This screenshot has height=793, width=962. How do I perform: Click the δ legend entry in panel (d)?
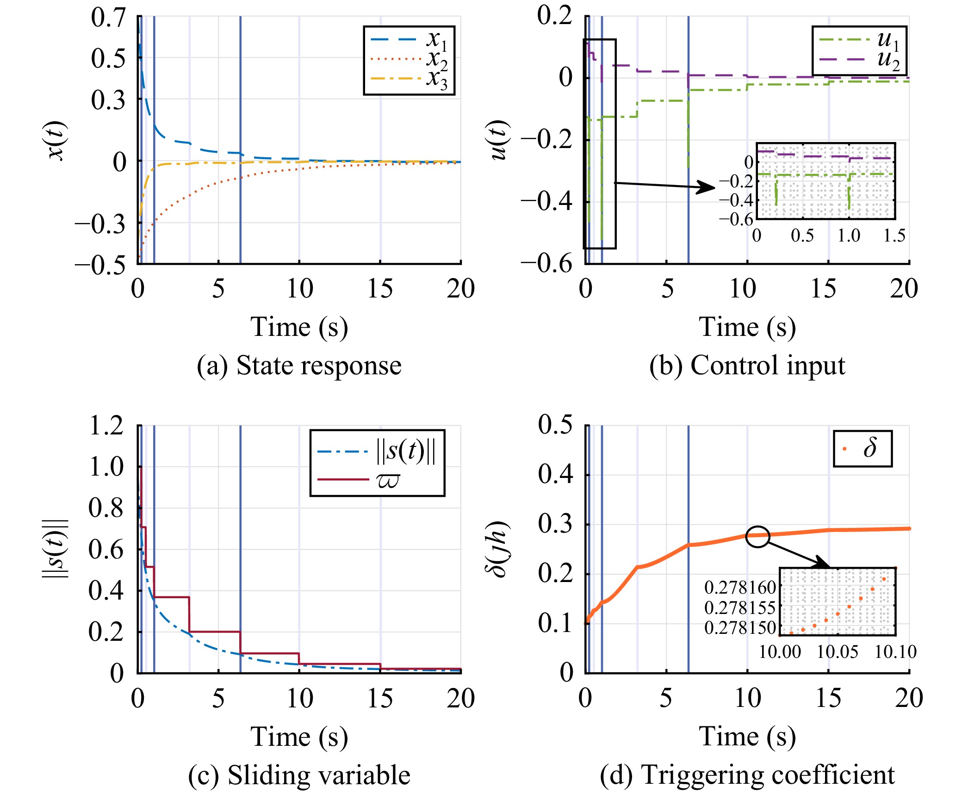[x=863, y=448]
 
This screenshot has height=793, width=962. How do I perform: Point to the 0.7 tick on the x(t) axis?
[x=108, y=18]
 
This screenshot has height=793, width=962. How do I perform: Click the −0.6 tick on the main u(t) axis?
[x=546, y=264]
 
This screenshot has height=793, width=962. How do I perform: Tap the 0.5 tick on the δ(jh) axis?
[x=555, y=425]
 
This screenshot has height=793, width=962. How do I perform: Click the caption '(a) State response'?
[x=299, y=366]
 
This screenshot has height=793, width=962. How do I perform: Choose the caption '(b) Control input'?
[x=747, y=366]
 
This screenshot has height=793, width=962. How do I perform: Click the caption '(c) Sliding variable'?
[x=299, y=775]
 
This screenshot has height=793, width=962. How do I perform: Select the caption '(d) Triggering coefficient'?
[x=747, y=775]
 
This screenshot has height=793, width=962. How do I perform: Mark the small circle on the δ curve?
[x=757, y=537]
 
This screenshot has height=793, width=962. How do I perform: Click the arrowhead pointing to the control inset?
[x=707, y=187]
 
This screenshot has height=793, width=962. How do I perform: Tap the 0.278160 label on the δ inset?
[x=740, y=588]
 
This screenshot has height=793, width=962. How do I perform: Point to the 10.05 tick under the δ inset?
[x=838, y=652]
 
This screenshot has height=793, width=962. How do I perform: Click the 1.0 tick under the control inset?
[x=849, y=235]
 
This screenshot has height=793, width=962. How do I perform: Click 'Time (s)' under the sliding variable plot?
[x=299, y=737]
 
